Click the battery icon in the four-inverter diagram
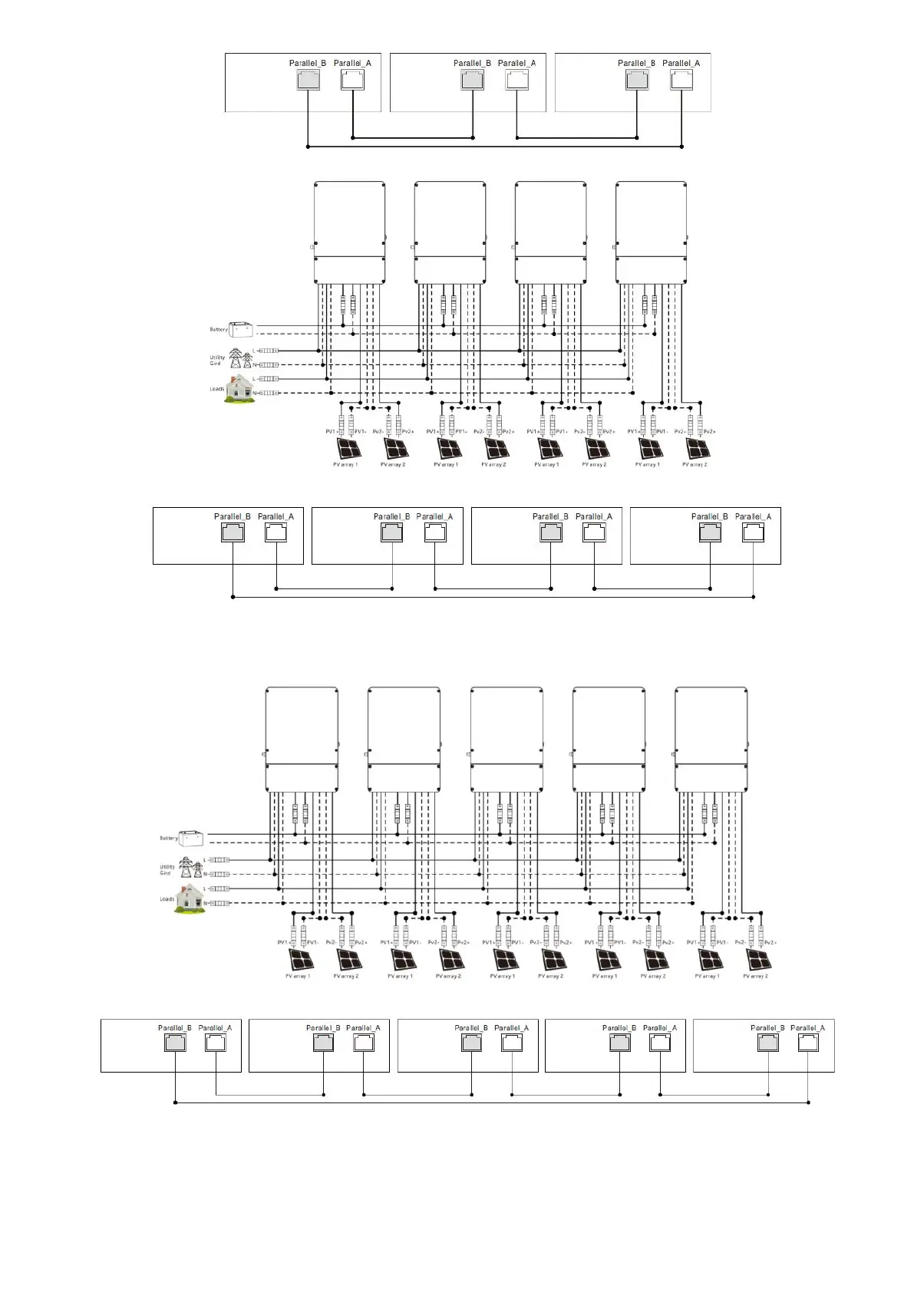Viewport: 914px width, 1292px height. coord(242,329)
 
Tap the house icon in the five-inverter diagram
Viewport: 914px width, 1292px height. coord(191,898)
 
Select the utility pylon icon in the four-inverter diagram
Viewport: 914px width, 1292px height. coord(242,358)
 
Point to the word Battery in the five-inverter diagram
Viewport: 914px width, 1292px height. coord(169,838)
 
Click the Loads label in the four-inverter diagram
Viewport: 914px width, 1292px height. coord(217,389)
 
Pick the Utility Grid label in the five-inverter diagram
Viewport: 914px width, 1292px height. coord(166,870)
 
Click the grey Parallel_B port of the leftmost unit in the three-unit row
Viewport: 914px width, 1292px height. coord(308,80)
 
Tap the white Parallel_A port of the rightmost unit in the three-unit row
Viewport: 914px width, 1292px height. coord(681,80)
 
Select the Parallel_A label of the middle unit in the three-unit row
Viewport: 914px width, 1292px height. coord(516,63)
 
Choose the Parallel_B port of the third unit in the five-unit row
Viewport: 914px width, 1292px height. coord(471,1043)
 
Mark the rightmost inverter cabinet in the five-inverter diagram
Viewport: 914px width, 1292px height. coord(711,739)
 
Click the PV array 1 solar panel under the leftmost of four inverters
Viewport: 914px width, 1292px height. coord(345,448)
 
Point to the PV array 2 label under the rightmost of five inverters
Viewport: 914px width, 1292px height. coord(755,977)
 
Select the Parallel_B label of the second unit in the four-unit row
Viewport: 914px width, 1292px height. coord(391,516)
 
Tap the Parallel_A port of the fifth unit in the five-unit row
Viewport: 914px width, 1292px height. coord(807,1043)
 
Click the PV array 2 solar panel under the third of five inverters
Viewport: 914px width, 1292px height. coord(553,960)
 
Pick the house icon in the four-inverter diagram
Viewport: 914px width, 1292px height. coord(240,389)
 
